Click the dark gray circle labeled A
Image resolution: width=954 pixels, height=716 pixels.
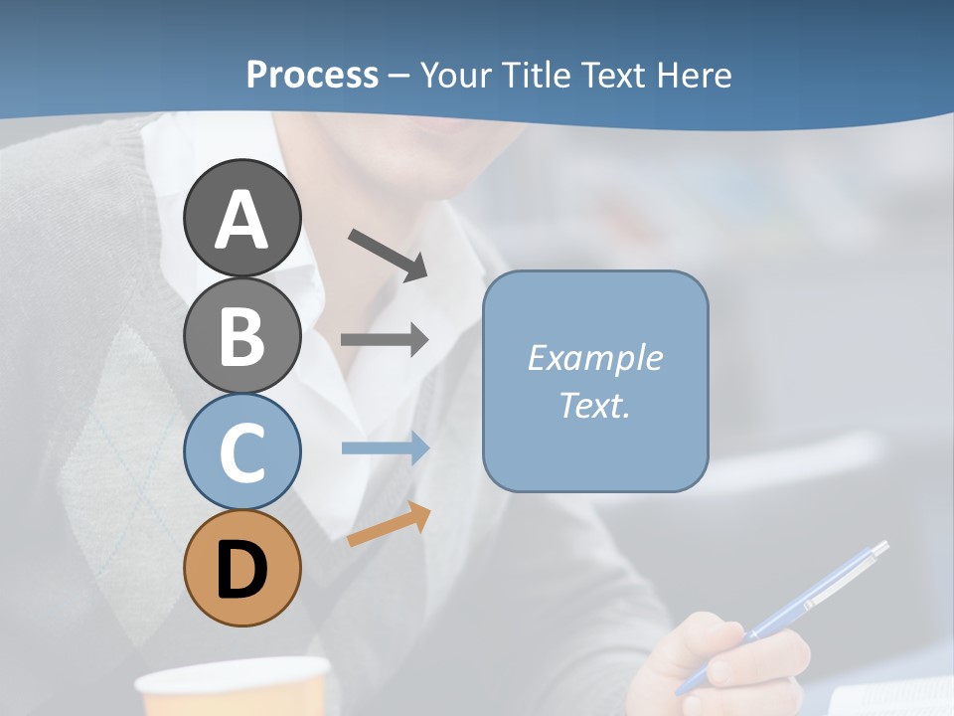click(x=242, y=218)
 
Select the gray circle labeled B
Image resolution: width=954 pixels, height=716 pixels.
click(x=242, y=335)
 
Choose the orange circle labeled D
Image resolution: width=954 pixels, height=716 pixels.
click(x=242, y=568)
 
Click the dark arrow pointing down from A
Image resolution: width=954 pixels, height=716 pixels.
click(x=388, y=255)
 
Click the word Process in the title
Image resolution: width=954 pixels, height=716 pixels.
click(x=312, y=75)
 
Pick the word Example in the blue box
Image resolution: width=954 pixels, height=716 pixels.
click(x=594, y=358)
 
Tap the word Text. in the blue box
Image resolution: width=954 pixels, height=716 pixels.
click(x=594, y=405)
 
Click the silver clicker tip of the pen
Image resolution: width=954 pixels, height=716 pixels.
click(x=878, y=549)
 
